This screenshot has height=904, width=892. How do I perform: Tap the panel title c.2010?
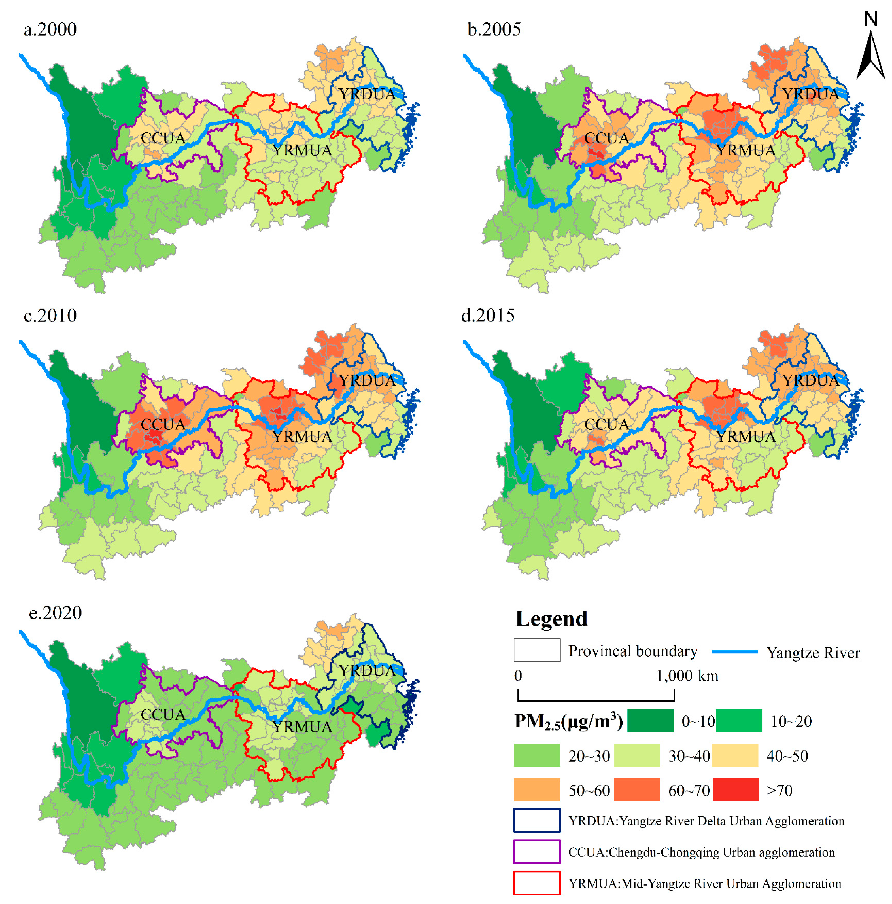point(50,316)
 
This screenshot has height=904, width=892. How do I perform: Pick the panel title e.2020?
point(55,613)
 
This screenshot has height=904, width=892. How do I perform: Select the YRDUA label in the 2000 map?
point(367,94)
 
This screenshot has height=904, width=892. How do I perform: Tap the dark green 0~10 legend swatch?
point(650,721)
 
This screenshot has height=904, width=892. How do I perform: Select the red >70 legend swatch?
point(735,790)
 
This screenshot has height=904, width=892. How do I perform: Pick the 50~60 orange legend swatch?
point(536,790)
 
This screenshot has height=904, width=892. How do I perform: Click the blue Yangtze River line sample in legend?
point(734,652)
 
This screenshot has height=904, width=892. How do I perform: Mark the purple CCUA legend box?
point(536,852)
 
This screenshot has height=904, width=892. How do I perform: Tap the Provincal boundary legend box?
point(536,650)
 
